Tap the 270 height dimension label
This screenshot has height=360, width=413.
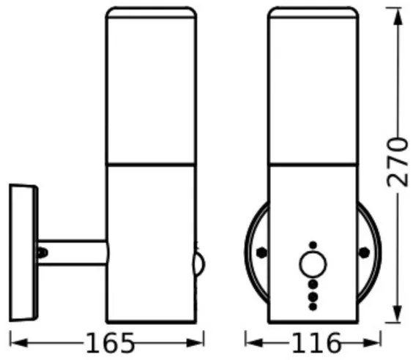coord(396,162)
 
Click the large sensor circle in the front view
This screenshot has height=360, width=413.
coord(313,263)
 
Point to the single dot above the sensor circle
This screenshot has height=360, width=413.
coord(313,244)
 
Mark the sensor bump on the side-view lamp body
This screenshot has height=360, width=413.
coord(198,262)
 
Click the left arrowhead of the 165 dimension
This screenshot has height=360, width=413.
coord(15,341)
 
